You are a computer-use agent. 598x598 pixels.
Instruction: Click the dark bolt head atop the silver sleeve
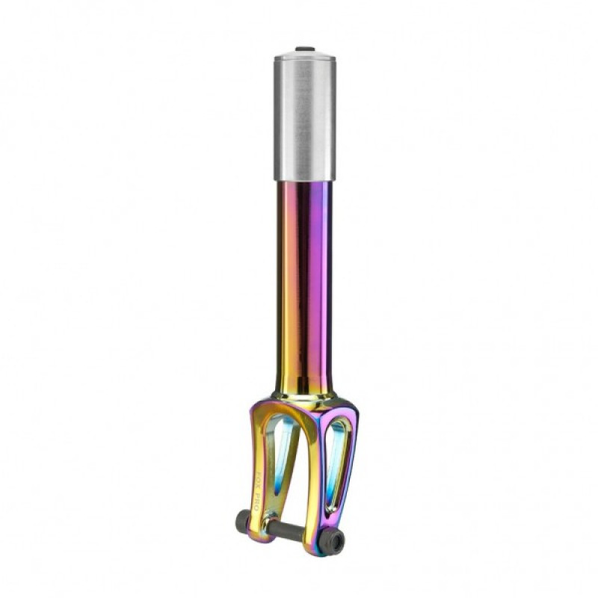pyautogui.click(x=304, y=49)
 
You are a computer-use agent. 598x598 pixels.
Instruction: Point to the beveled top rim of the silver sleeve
pyautogui.click(x=304, y=56)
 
